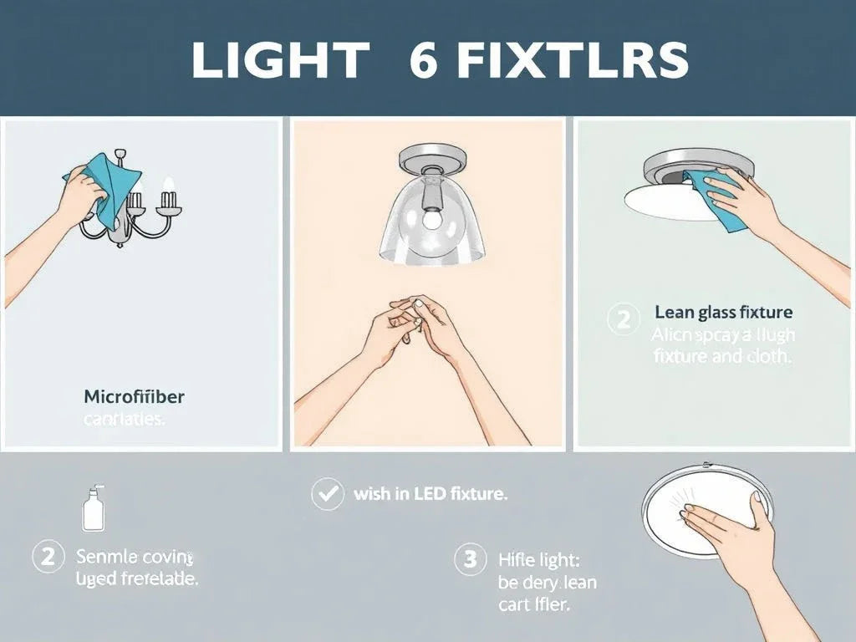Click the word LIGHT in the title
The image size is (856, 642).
279,60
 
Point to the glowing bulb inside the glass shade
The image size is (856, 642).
431,219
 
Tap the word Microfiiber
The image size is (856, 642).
134,396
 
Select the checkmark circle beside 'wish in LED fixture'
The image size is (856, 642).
327,494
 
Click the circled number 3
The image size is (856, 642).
470,558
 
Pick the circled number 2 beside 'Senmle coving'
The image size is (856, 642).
48,556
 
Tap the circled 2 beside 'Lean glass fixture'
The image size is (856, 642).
623,319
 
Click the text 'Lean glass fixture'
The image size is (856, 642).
723,313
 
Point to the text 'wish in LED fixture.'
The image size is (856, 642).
431,494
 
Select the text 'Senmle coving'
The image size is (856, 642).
134,556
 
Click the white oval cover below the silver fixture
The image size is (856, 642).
665,201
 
